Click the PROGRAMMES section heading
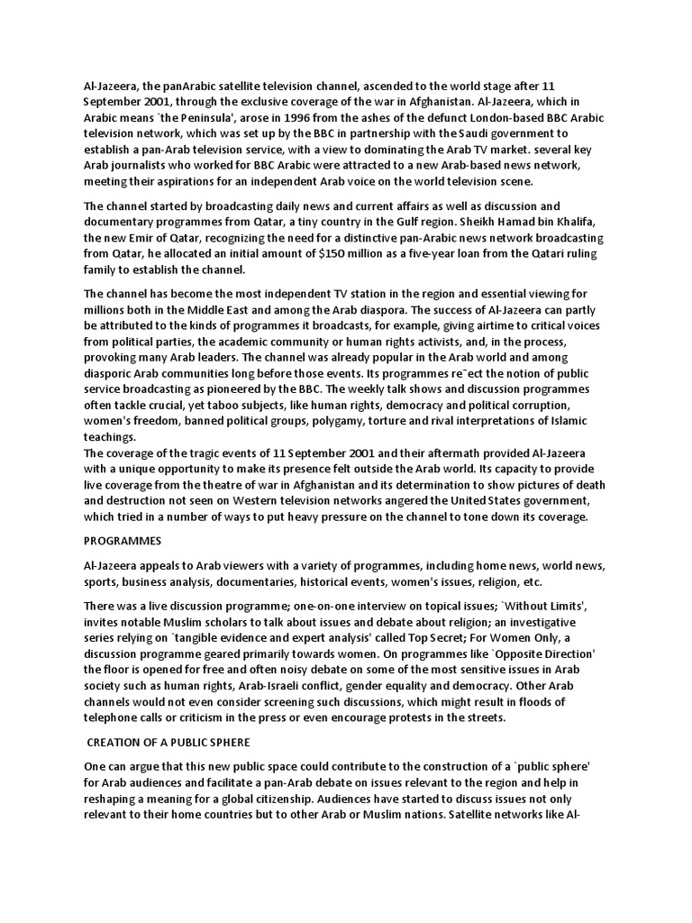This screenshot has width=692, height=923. coord(123,541)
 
